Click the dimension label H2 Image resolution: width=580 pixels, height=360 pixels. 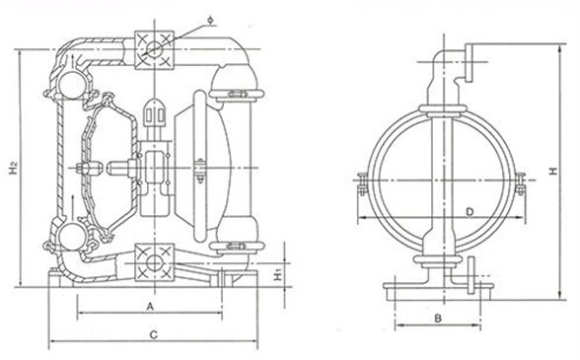14,168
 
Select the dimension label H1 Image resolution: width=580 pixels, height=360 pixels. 278,275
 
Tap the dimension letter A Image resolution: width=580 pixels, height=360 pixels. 150,307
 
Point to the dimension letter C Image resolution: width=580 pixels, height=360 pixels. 154,334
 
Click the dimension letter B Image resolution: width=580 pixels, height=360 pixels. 438,318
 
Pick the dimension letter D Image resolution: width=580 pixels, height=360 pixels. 470,212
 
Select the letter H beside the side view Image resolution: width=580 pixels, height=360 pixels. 553,171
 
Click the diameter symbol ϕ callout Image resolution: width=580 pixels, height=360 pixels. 210,20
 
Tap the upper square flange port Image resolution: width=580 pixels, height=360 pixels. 154,50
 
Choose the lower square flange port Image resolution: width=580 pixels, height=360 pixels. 154,262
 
